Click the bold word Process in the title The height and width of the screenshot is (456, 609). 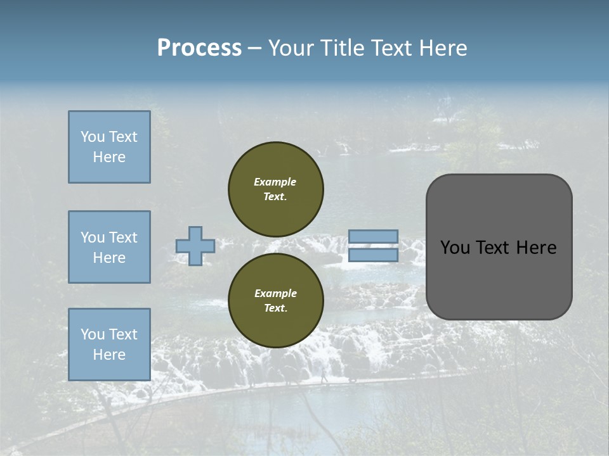199,48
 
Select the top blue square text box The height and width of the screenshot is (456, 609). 109,147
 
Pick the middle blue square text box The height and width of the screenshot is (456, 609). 109,247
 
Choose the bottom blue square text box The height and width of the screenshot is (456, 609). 109,345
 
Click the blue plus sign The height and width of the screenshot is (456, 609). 195,246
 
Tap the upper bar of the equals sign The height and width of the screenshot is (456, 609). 374,236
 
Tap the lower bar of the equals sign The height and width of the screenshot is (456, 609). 374,255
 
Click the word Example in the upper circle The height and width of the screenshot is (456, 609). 275,182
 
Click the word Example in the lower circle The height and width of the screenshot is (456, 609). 275,293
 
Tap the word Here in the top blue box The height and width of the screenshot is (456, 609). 109,157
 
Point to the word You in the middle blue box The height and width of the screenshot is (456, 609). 92,237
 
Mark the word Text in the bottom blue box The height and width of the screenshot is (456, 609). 122,334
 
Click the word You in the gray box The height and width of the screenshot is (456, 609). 455,248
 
